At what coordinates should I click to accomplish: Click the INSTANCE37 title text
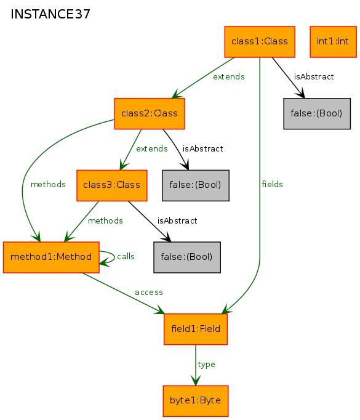point(50,14)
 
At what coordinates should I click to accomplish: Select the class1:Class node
point(260,42)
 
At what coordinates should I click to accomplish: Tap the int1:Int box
point(334,42)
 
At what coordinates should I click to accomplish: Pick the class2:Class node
point(150,113)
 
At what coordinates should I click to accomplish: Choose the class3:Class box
point(112,185)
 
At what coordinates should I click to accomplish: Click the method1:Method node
point(51,257)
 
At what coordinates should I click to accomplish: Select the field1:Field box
point(196,329)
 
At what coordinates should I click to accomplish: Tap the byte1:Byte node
point(196,401)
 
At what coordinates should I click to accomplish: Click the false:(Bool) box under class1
point(317,113)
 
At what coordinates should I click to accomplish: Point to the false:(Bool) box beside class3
point(196,185)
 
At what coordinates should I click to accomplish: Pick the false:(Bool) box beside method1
point(187,257)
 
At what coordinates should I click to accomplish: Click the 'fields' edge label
point(272,184)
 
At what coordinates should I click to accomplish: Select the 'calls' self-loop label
point(126,256)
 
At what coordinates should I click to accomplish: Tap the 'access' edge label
point(149,293)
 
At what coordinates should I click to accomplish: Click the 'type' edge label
point(206,365)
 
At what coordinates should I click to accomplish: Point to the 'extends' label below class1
point(229,76)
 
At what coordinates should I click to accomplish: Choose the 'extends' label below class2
point(152,148)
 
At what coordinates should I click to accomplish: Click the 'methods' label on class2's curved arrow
point(48,184)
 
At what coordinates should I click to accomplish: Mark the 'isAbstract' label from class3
point(177,220)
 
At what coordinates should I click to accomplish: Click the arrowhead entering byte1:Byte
point(196,381)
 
